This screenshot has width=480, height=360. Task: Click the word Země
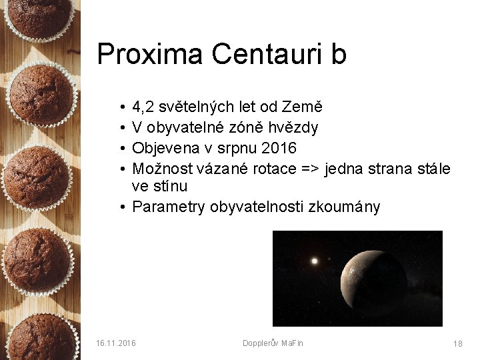(x=303, y=107)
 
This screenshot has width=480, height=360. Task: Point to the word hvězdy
(x=294, y=127)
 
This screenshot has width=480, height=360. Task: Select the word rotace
(x=271, y=169)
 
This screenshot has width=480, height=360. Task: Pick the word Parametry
(x=169, y=207)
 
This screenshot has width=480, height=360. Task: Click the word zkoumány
(x=344, y=207)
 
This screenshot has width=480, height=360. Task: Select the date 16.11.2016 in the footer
(x=116, y=343)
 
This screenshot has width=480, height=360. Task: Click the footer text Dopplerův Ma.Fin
(x=273, y=343)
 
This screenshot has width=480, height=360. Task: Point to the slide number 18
(x=457, y=344)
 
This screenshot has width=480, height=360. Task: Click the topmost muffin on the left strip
(x=39, y=17)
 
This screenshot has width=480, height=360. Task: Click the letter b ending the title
(x=338, y=55)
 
